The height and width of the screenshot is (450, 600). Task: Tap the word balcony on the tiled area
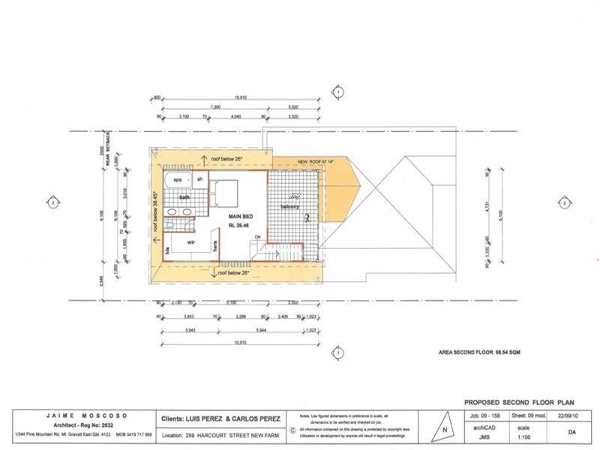coord(291,206)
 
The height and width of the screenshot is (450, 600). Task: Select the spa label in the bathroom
coord(178,180)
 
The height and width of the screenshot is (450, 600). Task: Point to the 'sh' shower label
coord(200,180)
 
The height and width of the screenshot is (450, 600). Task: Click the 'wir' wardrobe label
coord(192,243)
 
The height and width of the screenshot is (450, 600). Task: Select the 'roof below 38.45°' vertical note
coord(156,211)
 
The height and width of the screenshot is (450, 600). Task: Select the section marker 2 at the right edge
coord(564,202)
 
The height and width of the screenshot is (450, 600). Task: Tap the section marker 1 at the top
coord(338,91)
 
